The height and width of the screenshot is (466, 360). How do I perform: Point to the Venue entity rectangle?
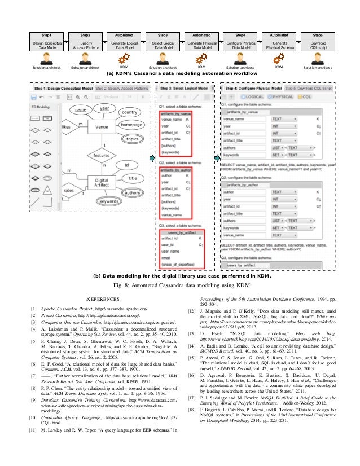[102, 128]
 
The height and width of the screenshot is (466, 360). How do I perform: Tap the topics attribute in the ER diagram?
[132, 138]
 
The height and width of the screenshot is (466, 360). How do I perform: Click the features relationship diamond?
[102, 155]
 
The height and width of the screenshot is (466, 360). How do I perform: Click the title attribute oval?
[133, 178]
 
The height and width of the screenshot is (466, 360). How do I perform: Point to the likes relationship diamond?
[67, 128]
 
